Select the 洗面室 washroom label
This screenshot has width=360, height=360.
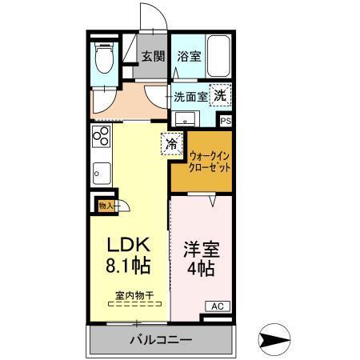pyautogui.click(x=190, y=96)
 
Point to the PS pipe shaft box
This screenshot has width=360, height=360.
pyautogui.click(x=226, y=121)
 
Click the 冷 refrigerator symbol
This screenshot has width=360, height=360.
pyautogui.click(x=172, y=144)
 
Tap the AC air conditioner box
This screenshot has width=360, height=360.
pyautogui.click(x=218, y=306)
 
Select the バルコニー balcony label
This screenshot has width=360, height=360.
pyautogui.click(x=161, y=340)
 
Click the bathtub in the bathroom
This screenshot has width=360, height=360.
pyautogui.click(x=218, y=54)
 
